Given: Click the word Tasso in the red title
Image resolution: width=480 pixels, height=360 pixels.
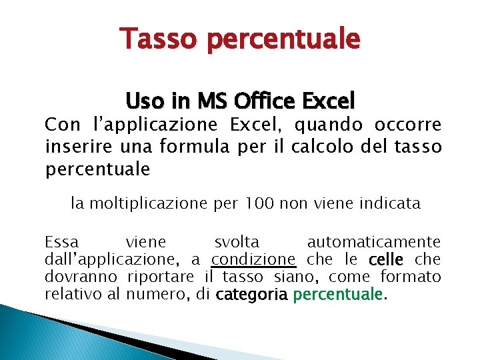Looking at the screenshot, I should point(159,39).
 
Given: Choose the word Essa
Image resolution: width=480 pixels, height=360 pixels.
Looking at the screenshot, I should point(61,241).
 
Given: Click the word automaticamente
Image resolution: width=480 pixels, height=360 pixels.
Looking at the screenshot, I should point(374,241).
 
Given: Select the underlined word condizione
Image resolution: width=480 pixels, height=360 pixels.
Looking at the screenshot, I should point(253,259).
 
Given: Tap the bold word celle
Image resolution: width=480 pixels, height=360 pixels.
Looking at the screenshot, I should point(385,259).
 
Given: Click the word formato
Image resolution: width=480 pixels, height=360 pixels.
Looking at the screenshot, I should point(411,276).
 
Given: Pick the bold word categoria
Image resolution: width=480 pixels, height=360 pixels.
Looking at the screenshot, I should point(252,294).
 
